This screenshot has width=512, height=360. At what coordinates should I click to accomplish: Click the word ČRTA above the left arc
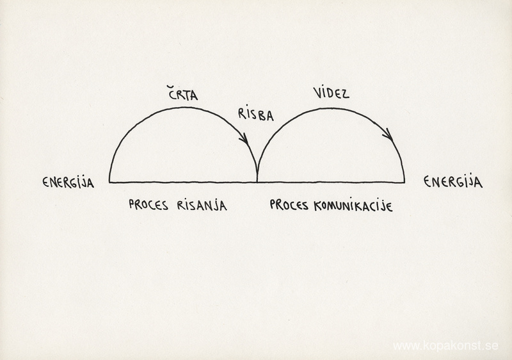183,93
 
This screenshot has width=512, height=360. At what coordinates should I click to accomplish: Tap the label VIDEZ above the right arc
331,93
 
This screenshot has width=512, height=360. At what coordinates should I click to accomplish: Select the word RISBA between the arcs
255,115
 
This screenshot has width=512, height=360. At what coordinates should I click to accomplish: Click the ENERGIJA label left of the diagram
68,183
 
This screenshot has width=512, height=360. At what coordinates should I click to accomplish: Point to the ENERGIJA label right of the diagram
453,182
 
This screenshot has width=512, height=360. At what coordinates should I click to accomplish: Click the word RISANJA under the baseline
202,205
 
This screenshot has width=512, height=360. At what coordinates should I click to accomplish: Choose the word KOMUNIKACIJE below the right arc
353,206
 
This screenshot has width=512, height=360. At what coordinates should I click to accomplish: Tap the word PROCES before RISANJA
148,205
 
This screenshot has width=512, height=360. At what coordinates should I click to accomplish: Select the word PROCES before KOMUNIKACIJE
289,205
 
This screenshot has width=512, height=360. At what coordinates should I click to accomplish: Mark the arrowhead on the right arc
388,135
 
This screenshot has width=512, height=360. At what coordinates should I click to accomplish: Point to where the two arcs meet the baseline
257,182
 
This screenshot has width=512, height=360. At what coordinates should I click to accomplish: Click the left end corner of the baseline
109,182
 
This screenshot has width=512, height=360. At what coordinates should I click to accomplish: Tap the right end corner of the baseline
404,182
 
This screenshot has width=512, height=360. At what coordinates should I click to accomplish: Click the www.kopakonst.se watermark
445,346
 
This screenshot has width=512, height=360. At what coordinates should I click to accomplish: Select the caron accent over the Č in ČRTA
171,87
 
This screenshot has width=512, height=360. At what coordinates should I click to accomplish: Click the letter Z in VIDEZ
345,94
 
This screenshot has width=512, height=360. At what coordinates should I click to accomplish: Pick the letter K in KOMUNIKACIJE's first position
318,206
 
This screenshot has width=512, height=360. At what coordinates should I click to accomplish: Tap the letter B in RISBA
261,116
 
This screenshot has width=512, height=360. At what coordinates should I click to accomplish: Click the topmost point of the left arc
183,108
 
